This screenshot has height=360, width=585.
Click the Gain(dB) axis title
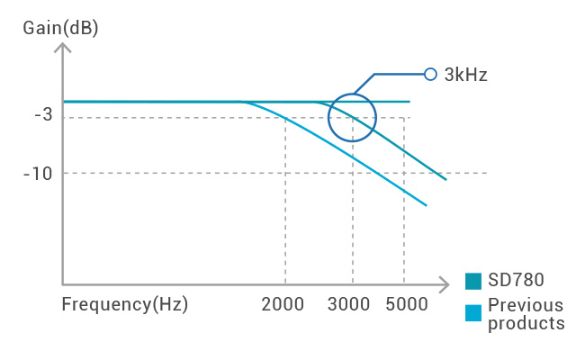point(61,27)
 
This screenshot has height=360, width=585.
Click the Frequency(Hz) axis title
point(124,304)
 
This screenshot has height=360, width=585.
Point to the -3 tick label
point(43,115)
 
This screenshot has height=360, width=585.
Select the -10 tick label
point(40,173)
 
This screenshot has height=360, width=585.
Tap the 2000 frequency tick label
point(285,304)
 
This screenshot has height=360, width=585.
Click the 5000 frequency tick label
point(406,304)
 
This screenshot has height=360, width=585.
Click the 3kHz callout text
point(465,75)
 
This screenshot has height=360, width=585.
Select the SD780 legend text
point(517,280)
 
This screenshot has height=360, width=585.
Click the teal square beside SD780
point(474,281)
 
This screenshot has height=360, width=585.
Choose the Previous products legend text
point(526,313)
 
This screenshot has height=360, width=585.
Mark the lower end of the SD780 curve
point(445,179)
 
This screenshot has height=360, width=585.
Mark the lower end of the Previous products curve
point(425,205)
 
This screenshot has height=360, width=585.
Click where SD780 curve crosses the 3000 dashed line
point(353,118)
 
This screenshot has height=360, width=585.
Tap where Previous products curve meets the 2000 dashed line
point(285,118)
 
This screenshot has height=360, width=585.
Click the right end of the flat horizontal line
point(409,102)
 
